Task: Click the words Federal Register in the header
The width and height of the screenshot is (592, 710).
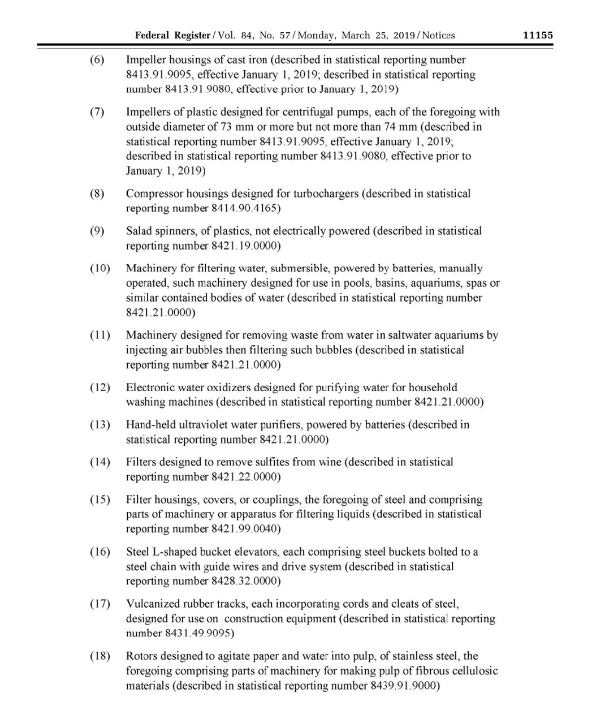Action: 172,35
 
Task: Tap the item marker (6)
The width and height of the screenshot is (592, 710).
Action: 97,60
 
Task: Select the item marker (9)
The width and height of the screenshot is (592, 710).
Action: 97,231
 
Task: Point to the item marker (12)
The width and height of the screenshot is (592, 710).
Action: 100,388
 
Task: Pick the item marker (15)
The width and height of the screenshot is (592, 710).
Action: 100,500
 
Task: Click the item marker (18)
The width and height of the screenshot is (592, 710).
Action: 100,657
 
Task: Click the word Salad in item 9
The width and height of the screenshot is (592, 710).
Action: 139,231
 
